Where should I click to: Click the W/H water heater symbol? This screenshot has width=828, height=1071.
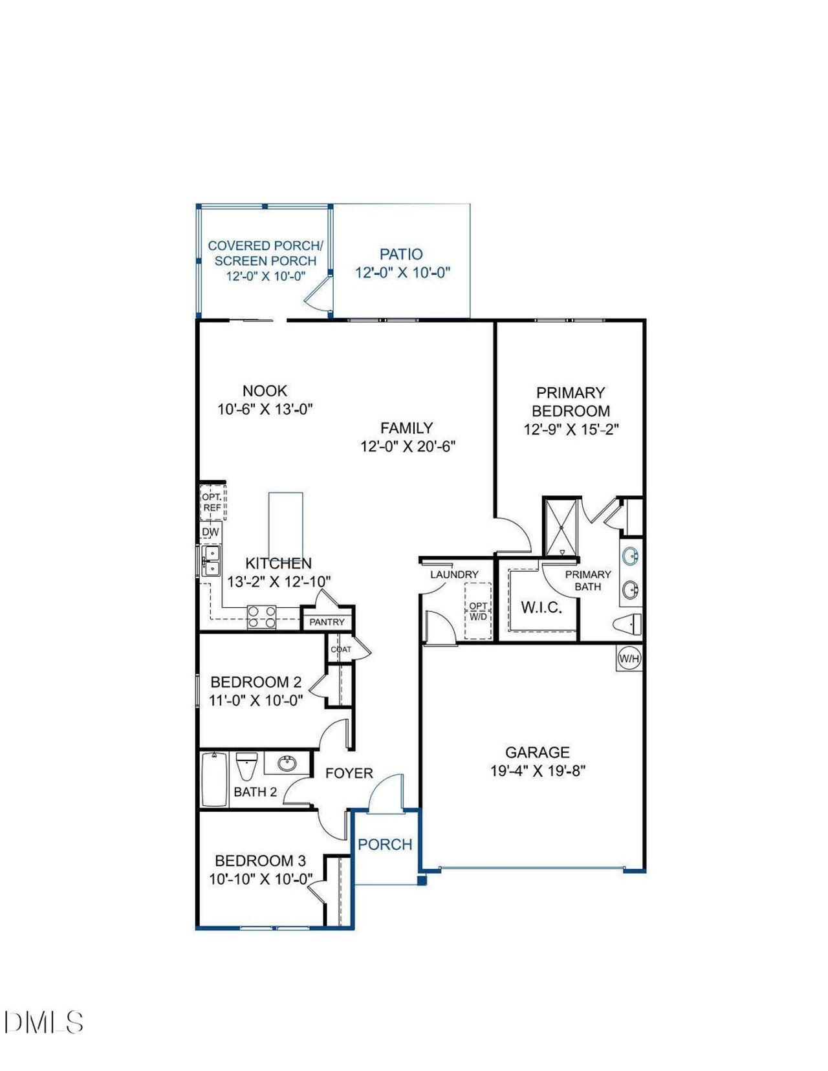pyautogui.click(x=629, y=659)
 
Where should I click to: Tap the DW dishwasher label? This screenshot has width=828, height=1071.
pyautogui.click(x=210, y=532)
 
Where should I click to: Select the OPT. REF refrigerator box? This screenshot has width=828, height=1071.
pyautogui.click(x=212, y=503)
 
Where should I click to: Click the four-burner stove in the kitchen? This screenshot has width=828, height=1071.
pyautogui.click(x=262, y=617)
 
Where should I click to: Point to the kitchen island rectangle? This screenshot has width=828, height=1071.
pyautogui.click(x=285, y=524)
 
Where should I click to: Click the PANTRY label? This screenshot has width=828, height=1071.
pyautogui.click(x=327, y=622)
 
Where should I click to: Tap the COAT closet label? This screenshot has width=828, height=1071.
pyautogui.click(x=341, y=649)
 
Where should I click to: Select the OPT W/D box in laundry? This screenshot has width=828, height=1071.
pyautogui.click(x=478, y=611)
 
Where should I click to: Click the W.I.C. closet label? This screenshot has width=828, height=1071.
pyautogui.click(x=541, y=607)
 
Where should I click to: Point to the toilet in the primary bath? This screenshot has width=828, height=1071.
pyautogui.click(x=627, y=625)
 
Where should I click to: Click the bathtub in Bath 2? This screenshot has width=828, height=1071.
pyautogui.click(x=213, y=779)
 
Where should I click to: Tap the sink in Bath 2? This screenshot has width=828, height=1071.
pyautogui.click(x=288, y=764)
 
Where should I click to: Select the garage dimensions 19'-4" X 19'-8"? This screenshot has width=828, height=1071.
pyautogui.click(x=538, y=771)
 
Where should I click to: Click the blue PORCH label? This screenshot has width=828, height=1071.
pyautogui.click(x=385, y=845)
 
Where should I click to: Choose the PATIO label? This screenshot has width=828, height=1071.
pyautogui.click(x=401, y=254)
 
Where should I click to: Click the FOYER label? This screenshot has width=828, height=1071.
pyautogui.click(x=349, y=773)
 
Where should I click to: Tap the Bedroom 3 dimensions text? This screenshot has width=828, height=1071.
pyautogui.click(x=261, y=880)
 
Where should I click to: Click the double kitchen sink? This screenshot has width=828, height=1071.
pyautogui.click(x=211, y=561)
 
